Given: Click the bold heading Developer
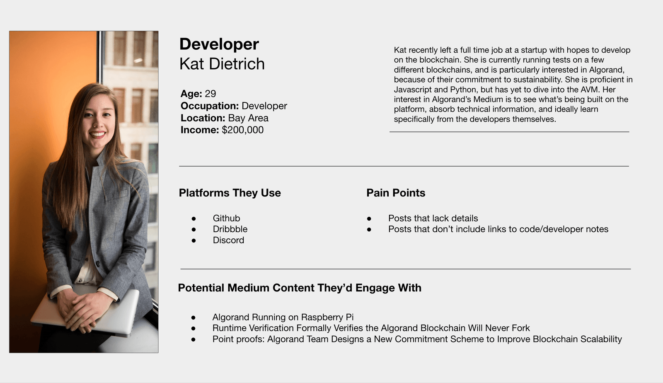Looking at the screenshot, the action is (219, 44).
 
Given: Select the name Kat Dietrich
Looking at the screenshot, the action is (222, 64).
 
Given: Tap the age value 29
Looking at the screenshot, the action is (211, 94).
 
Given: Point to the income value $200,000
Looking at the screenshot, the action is (243, 130).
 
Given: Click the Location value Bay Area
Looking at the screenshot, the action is (248, 118).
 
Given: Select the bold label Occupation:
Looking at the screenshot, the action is (210, 106).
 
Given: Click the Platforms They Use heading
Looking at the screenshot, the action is (230, 193).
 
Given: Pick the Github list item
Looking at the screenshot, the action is (226, 218).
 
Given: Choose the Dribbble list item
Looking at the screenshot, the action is (230, 229).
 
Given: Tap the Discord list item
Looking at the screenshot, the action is (228, 240).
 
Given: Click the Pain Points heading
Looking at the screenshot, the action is (396, 193).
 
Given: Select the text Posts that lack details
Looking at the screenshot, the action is (433, 218).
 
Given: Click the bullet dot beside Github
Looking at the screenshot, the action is (194, 219).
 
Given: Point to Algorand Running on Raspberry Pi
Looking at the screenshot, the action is (283, 317).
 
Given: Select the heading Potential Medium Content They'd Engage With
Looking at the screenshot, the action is (300, 288).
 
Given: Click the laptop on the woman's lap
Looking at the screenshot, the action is (86, 314).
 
